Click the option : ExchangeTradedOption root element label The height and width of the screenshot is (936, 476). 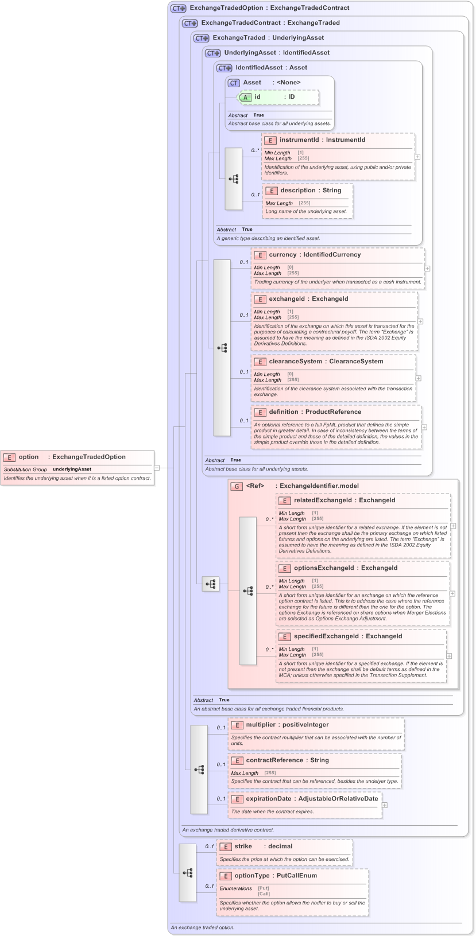(x=72, y=457)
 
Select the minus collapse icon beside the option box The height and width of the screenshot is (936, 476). (x=157, y=468)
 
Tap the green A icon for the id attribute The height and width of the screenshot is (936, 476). (x=246, y=97)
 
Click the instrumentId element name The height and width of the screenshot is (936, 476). (x=299, y=139)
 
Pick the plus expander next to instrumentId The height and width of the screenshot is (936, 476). (x=417, y=156)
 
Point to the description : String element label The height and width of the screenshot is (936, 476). (x=311, y=190)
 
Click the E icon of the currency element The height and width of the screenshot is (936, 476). (x=260, y=255)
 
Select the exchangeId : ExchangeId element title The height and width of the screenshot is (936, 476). (x=308, y=298)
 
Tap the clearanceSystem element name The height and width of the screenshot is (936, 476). (x=295, y=361)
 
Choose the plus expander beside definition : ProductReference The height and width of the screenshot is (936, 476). (x=424, y=427)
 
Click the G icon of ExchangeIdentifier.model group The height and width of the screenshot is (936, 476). (x=237, y=486)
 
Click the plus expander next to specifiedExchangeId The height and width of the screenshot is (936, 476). (x=449, y=655)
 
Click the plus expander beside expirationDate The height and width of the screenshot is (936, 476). (x=385, y=805)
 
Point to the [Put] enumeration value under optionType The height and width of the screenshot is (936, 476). (x=264, y=888)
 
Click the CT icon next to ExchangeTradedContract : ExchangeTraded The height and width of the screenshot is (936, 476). (x=190, y=24)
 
